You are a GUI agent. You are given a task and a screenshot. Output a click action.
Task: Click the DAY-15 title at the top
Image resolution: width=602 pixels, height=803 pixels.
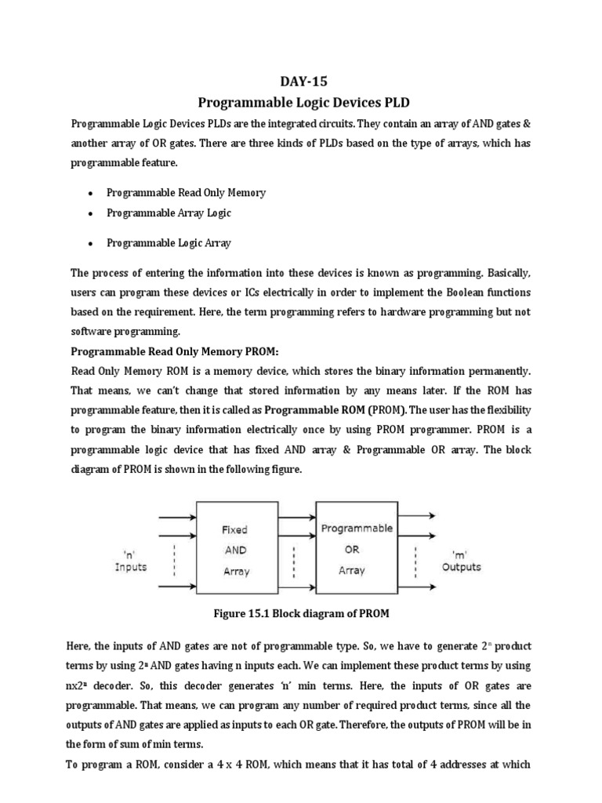point(302,81)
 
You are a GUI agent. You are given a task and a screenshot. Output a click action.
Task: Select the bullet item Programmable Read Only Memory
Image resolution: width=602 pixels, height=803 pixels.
point(186,193)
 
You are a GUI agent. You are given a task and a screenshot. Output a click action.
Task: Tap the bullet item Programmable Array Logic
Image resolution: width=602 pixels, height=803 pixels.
point(169,213)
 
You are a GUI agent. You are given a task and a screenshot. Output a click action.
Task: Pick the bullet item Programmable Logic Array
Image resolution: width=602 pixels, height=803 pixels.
point(169,243)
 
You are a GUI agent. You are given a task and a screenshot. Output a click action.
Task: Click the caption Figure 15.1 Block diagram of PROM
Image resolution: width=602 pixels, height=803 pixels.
point(300,613)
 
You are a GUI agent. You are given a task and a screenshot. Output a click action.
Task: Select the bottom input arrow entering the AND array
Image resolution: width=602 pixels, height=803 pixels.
point(177,585)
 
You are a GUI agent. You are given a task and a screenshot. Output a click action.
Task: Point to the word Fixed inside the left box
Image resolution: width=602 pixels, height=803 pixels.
point(236,531)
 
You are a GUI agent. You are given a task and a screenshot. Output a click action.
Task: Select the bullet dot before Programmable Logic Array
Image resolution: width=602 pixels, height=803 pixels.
point(92,244)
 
